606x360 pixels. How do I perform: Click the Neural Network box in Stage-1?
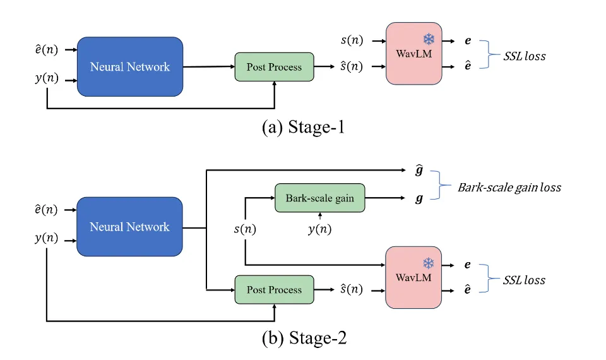[130, 66]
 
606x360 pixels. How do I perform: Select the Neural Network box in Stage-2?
[129, 226]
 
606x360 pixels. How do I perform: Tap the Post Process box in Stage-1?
[274, 67]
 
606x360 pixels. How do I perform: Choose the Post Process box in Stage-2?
[274, 290]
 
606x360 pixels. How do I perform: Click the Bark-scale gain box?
[320, 198]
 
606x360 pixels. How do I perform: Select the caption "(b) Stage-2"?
[304, 338]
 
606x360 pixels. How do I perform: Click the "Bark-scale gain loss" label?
[509, 188]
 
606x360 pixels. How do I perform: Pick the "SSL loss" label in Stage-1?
[525, 56]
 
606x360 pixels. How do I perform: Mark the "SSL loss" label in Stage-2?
[525, 279]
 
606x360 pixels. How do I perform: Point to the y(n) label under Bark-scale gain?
[320, 229]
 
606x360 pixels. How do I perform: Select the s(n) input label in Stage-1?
[351, 40]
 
